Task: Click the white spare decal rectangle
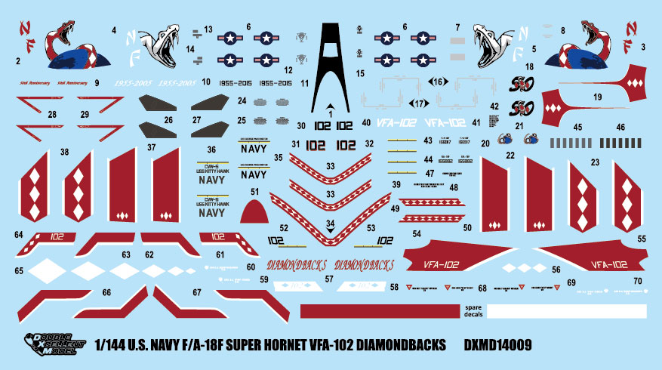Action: click(x=566, y=310)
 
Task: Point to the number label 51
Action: click(x=255, y=192)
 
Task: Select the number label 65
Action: click(x=19, y=270)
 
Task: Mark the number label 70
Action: click(x=637, y=281)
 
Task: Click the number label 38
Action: click(x=65, y=152)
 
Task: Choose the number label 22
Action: click(x=511, y=155)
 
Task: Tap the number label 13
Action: click(x=208, y=29)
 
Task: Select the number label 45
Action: click(x=578, y=128)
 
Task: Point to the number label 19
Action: click(x=597, y=97)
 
